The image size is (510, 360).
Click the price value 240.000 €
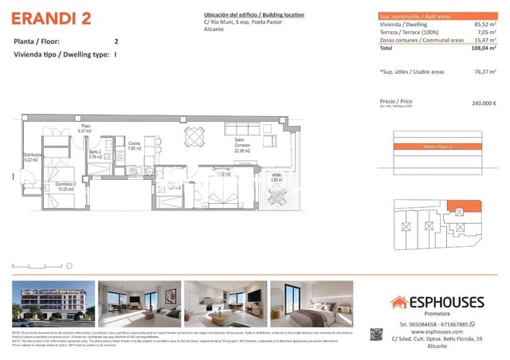click(484, 103)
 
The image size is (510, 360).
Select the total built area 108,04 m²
click(481, 48)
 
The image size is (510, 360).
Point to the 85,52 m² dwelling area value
click(483, 26)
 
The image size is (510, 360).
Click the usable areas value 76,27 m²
click(483, 72)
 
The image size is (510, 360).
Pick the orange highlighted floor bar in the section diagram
click(438, 147)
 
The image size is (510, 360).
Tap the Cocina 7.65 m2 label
click(134, 146)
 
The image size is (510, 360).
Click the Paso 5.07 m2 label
click(86, 128)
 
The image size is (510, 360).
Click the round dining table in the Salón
click(194, 137)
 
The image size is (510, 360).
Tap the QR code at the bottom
click(377, 335)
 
